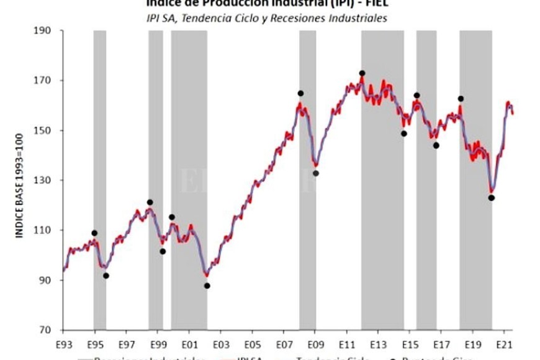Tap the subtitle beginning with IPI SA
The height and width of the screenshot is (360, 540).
(266, 18)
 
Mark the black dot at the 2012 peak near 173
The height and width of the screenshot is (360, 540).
(362, 73)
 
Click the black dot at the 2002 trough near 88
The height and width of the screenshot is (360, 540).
(207, 286)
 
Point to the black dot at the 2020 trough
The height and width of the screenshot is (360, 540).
(491, 198)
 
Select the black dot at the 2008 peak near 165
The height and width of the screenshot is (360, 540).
(300, 93)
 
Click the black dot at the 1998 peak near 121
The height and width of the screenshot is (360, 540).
(150, 202)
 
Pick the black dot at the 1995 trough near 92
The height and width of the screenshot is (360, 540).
(106, 276)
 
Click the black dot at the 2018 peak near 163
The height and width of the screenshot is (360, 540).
(461, 99)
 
